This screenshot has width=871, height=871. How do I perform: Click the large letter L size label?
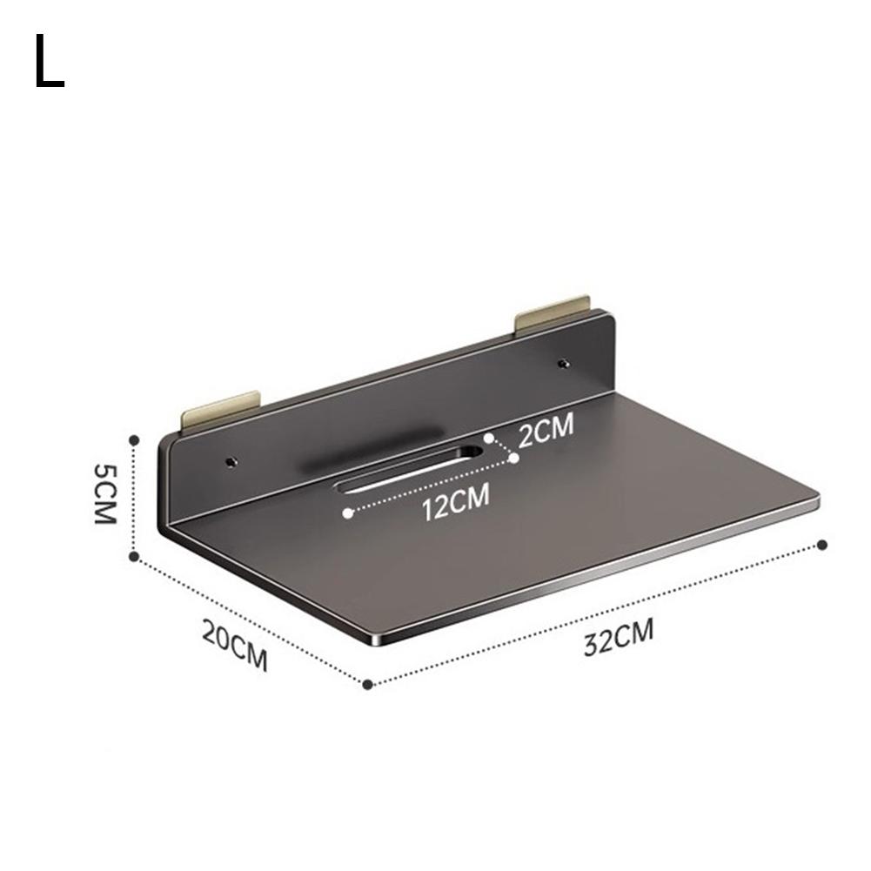point(50,63)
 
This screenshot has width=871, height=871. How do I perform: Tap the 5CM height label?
point(104,492)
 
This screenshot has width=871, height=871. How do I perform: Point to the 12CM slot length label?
point(455,503)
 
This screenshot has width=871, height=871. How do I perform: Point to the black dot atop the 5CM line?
point(135,440)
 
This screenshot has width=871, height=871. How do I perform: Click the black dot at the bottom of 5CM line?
point(135,555)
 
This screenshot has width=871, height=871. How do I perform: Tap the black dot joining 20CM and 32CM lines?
point(368,685)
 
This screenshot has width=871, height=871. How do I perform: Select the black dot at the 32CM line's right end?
point(823,545)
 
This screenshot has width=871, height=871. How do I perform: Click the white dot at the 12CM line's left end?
point(347,513)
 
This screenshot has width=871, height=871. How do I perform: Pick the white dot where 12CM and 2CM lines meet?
point(513,458)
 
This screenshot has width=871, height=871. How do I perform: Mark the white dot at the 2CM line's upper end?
point(490,439)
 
